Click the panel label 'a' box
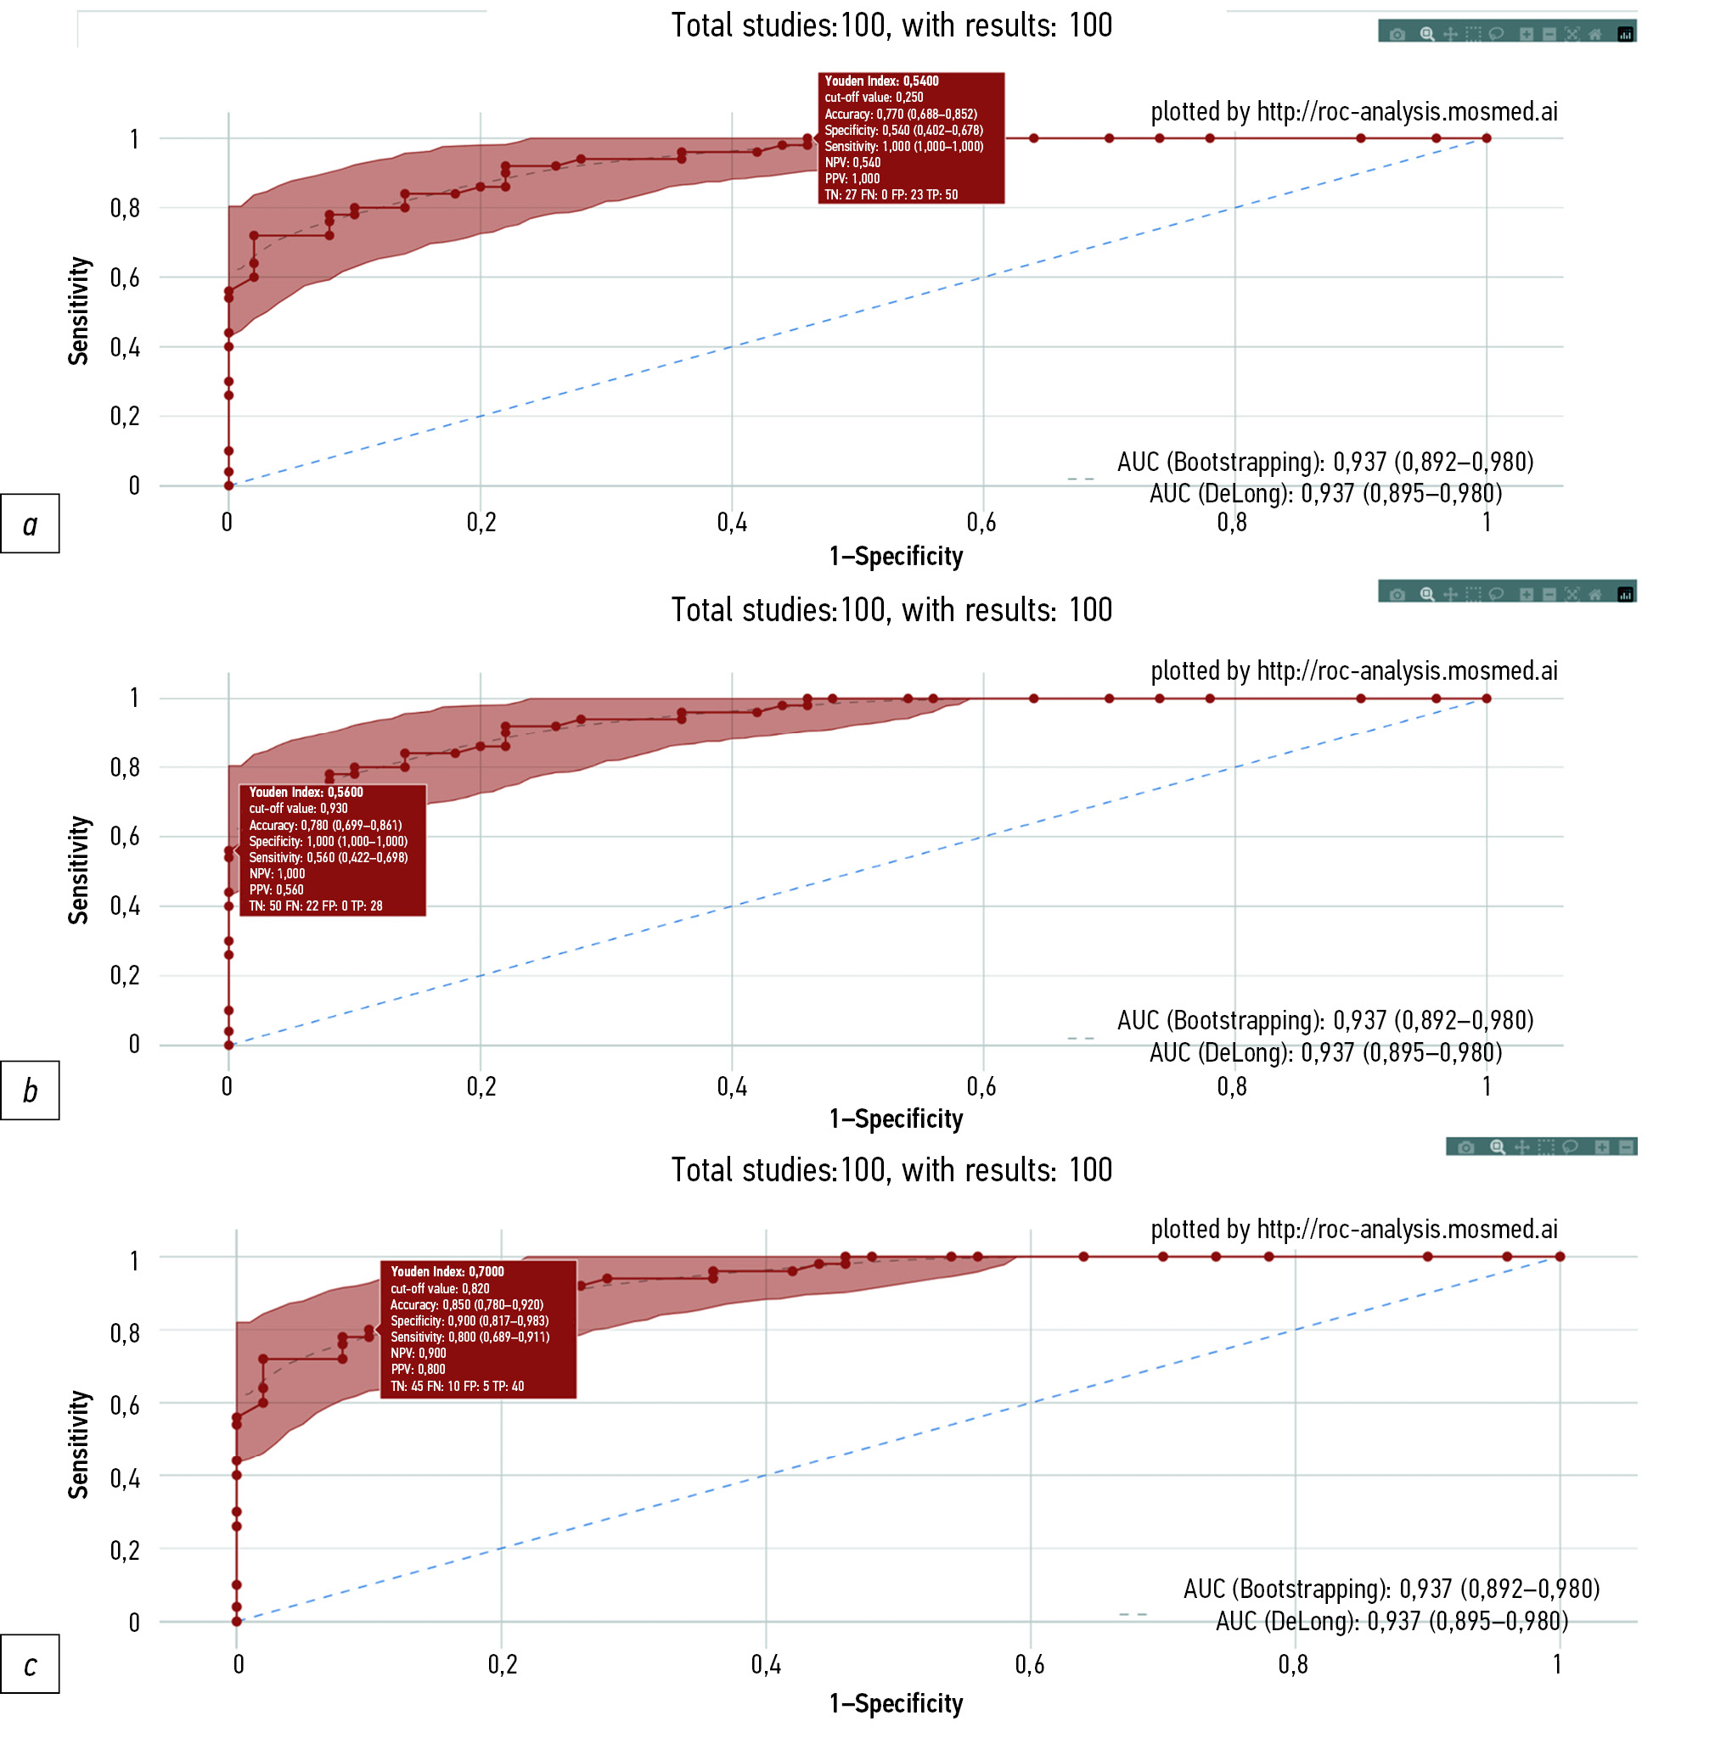pyautogui.click(x=30, y=523)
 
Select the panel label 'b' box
pyautogui.click(x=30, y=1090)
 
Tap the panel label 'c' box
pyautogui.click(x=30, y=1663)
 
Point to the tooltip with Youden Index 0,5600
pyautogui.click(x=332, y=849)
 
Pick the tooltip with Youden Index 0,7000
pyautogui.click(x=477, y=1328)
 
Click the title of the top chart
pyautogui.click(x=891, y=25)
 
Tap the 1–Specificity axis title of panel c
pyautogui.click(x=896, y=1703)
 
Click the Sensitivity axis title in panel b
pyautogui.click(x=79, y=870)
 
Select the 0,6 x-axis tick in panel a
pyautogui.click(x=981, y=523)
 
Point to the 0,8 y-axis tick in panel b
pyautogui.click(x=125, y=767)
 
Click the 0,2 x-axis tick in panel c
pyautogui.click(x=502, y=1664)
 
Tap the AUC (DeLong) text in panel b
pyautogui.click(x=1324, y=1052)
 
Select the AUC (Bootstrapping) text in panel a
pyautogui.click(x=1324, y=463)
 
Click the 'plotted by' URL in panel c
pyautogui.click(x=1353, y=1229)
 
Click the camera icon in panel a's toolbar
pyautogui.click(x=1397, y=34)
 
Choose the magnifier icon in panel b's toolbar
pyautogui.click(x=1426, y=594)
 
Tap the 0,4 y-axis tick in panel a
pyautogui.click(x=125, y=347)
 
